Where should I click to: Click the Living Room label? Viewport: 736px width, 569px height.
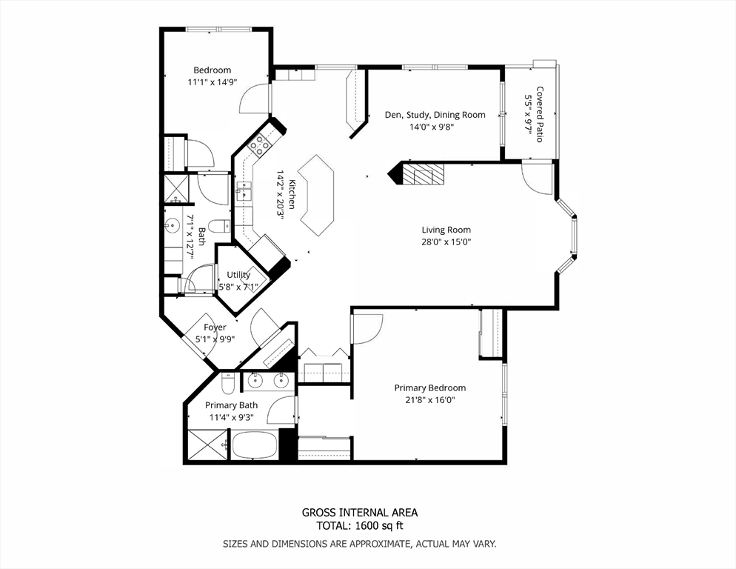tap(446, 230)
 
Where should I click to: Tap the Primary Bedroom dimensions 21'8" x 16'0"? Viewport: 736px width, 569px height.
tap(429, 400)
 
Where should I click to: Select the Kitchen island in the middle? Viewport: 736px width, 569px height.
tap(317, 195)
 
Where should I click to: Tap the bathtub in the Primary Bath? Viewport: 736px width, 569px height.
tap(254, 445)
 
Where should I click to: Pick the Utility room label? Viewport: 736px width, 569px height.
tap(238, 275)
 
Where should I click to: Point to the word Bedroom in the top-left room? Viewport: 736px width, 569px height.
tap(212, 70)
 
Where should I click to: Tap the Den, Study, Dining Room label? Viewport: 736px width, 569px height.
tap(435, 115)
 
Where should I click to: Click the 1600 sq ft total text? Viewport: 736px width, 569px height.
tap(359, 526)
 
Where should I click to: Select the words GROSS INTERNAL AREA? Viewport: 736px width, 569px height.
tap(359, 513)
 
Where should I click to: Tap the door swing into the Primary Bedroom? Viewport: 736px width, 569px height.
tap(368, 326)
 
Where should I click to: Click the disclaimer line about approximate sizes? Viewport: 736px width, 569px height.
tap(359, 544)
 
